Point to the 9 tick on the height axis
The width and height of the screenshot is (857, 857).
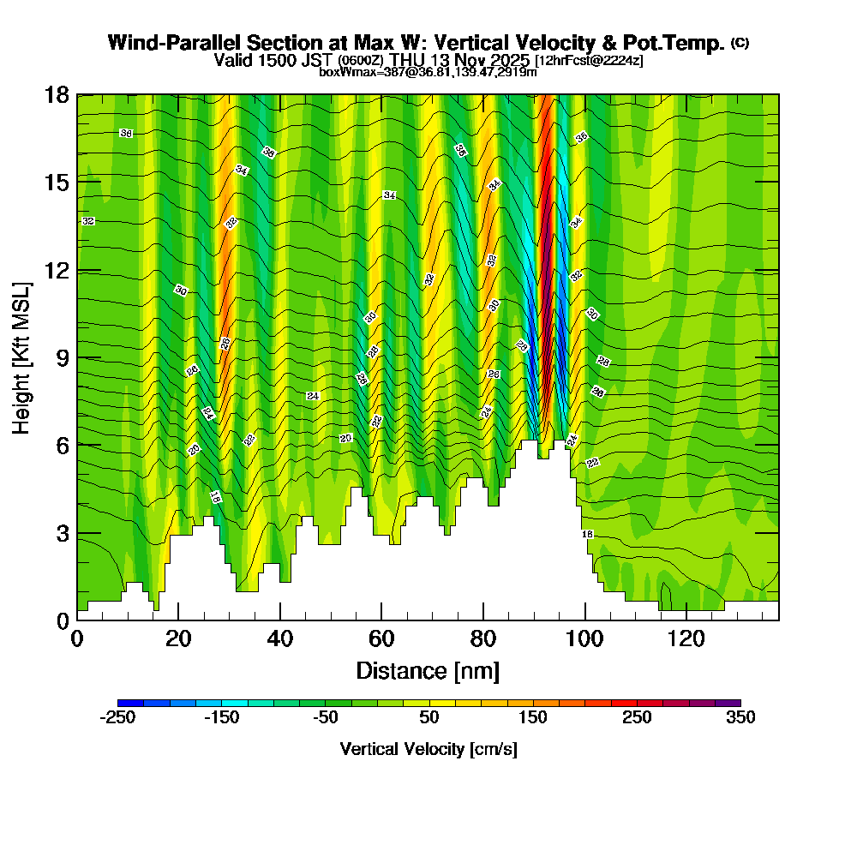click(x=62, y=357)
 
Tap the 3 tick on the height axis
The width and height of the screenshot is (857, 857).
click(x=62, y=532)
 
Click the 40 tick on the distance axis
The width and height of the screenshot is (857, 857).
click(x=280, y=639)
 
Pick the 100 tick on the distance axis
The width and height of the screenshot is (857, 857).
click(x=584, y=639)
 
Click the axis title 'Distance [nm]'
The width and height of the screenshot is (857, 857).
click(x=428, y=670)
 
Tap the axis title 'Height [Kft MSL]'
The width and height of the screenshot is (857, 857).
click(x=21, y=357)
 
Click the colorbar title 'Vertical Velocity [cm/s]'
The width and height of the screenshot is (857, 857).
click(x=428, y=749)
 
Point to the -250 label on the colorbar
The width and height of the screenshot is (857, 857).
click(x=117, y=718)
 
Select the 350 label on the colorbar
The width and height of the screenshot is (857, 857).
click(x=740, y=718)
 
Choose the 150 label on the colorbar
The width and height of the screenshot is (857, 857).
click(x=532, y=718)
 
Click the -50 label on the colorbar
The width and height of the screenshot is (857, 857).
click(x=325, y=718)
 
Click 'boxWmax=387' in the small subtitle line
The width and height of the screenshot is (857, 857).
click(x=358, y=73)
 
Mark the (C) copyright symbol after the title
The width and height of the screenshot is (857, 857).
click(x=740, y=43)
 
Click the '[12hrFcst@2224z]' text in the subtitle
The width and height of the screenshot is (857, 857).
click(x=588, y=61)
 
